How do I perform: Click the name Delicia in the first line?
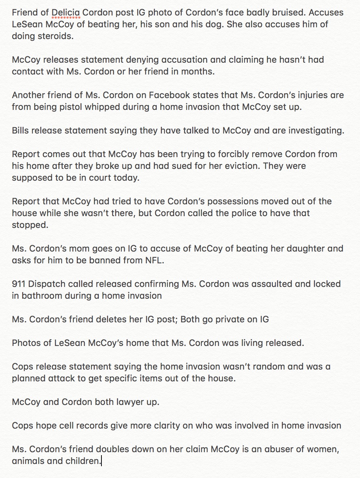click(66, 13)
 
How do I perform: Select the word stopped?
click(30, 225)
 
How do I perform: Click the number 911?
click(18, 284)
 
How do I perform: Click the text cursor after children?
click(101, 461)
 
